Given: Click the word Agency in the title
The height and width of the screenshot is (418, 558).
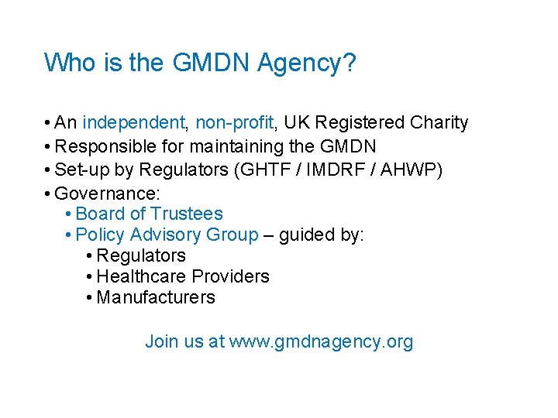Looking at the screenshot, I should [304, 63].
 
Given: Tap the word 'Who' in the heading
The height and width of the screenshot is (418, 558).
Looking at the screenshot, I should [65, 62].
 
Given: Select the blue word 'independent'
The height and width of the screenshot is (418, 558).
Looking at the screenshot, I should [134, 123].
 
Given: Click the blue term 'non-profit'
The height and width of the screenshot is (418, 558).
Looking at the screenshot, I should [234, 123].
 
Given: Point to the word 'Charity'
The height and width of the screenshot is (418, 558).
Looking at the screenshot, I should [439, 123].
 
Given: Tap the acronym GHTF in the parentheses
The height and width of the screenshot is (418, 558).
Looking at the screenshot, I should [270, 170].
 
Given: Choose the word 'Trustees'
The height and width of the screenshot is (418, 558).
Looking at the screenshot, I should [187, 214].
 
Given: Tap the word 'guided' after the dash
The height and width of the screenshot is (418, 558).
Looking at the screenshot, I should [307, 235].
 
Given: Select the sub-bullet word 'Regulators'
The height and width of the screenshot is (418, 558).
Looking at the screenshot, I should [141, 255].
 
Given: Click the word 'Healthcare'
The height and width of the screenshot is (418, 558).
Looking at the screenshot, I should [142, 276].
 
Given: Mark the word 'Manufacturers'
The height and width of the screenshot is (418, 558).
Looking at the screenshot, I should [156, 297].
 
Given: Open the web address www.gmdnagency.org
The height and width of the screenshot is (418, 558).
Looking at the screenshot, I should [322, 341].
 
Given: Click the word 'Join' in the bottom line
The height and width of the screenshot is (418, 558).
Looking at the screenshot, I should [162, 341].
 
